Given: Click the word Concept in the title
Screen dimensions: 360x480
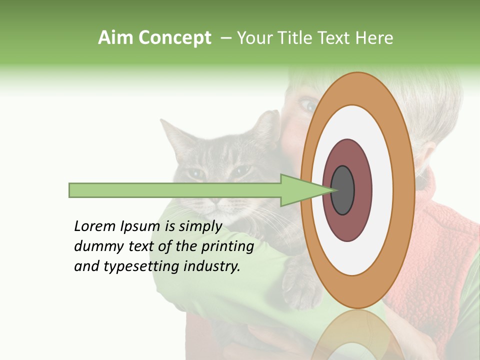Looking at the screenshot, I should coord(175,38).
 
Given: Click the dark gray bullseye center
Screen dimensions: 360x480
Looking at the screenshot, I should coord(342,190).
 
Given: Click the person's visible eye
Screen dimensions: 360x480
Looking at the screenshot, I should coord(308,104).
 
